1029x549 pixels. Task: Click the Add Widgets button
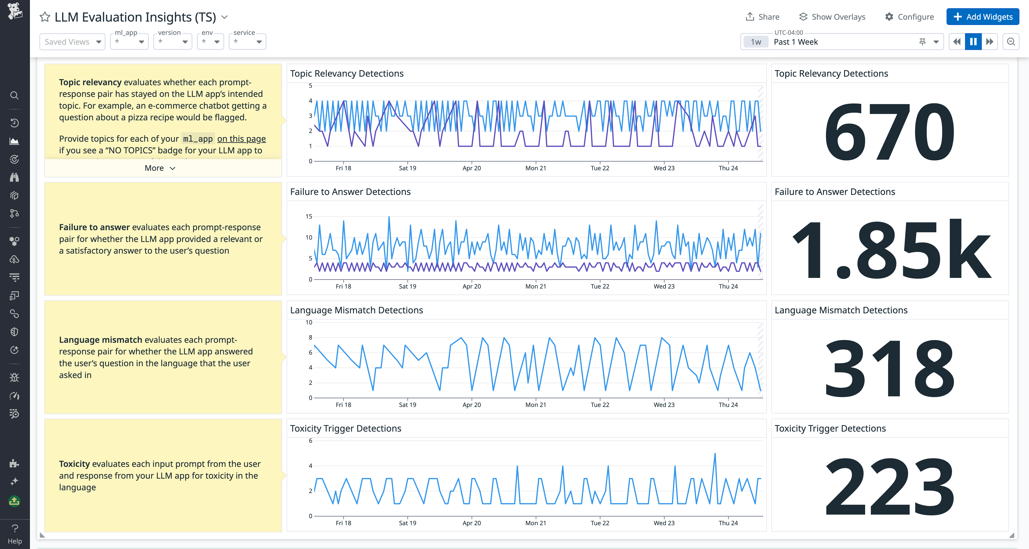(983, 17)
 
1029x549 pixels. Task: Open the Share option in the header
(763, 17)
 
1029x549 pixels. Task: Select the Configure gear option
(910, 17)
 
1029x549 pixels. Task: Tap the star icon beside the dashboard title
(45, 17)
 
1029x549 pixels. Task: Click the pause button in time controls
(973, 42)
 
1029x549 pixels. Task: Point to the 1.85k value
(891, 250)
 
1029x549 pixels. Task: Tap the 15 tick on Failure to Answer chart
(309, 216)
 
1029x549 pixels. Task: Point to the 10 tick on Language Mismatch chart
(309, 322)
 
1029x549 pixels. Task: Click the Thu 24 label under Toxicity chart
(728, 523)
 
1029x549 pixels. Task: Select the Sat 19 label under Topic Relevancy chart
(407, 168)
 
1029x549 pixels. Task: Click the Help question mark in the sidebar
(15, 529)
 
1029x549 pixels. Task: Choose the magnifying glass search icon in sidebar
(14, 95)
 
